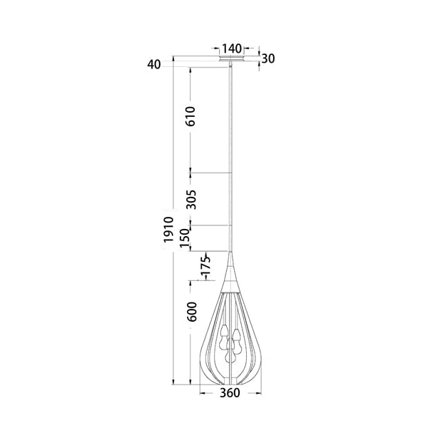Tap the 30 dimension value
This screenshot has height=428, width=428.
[268, 58]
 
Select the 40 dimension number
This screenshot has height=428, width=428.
[153, 65]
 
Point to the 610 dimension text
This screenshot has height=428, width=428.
[190, 116]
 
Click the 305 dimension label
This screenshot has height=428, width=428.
[190, 200]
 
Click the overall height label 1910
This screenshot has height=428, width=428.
[168, 230]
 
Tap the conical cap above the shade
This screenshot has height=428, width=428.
[231, 271]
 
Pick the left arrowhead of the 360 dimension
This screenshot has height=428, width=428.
[202, 392]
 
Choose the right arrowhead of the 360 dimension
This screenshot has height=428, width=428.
[258, 392]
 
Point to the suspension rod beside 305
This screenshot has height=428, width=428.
[230, 200]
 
